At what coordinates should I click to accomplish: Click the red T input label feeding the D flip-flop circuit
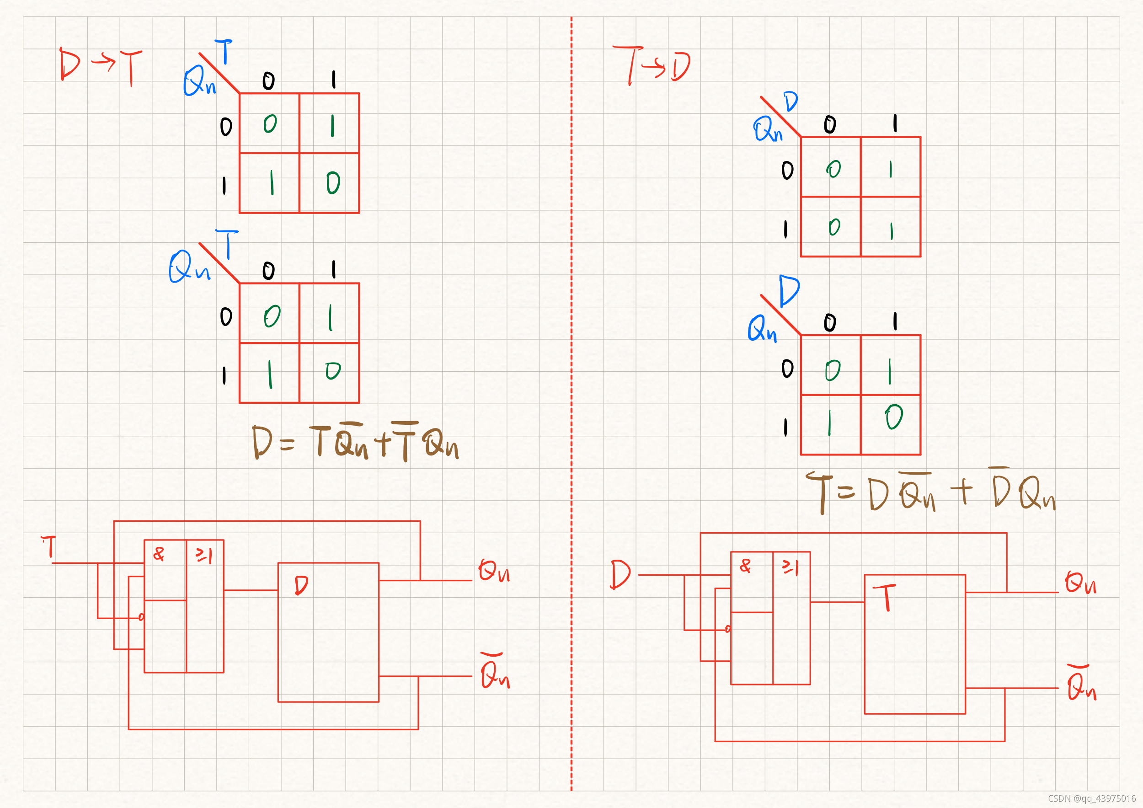point(49,547)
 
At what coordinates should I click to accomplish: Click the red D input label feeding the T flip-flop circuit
point(620,574)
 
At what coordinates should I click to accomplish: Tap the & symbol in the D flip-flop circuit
point(159,554)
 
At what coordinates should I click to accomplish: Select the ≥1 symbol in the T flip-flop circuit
point(790,567)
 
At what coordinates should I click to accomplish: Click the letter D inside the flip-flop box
point(301,585)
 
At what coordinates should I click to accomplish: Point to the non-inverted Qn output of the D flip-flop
point(494,571)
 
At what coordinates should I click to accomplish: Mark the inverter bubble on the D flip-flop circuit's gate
point(141,617)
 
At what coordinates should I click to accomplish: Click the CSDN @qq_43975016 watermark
point(1092,798)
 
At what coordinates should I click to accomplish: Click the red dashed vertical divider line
point(571,398)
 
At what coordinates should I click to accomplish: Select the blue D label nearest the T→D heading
point(790,102)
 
